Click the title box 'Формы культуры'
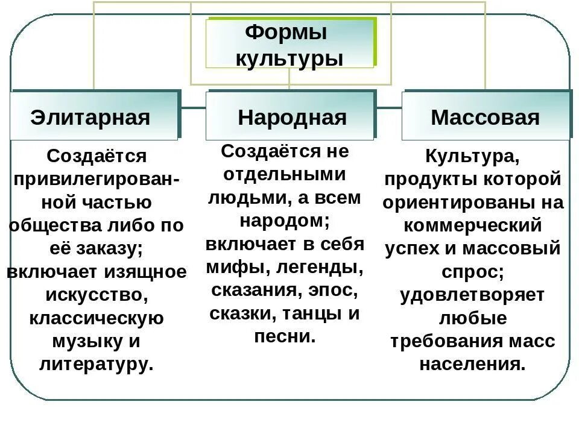click(x=289, y=45)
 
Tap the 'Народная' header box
click(x=292, y=117)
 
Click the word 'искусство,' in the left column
click(x=96, y=295)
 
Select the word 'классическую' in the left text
click(x=96, y=318)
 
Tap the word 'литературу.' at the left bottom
click(x=96, y=363)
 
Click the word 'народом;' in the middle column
click(x=285, y=221)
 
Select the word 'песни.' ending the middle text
click(x=285, y=336)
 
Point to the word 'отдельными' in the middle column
click(x=285, y=174)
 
